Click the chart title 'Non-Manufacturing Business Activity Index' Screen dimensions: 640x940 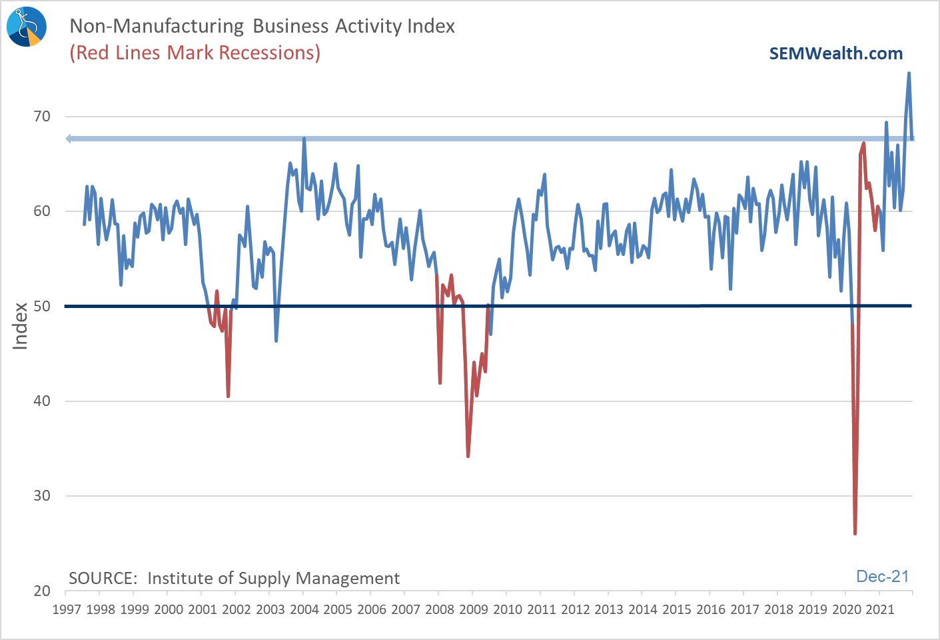pyautogui.click(x=262, y=26)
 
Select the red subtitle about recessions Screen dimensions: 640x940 pyautogui.click(x=195, y=53)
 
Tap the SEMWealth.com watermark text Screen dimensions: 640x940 pyautogui.click(x=835, y=54)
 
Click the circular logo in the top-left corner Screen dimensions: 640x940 pyautogui.click(x=27, y=27)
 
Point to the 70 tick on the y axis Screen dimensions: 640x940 pyautogui.click(x=42, y=117)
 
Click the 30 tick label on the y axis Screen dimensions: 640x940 pyautogui.click(x=42, y=496)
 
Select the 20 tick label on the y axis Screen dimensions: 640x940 pyautogui.click(x=42, y=591)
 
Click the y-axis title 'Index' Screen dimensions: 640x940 pyautogui.click(x=21, y=326)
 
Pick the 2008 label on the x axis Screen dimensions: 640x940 pyautogui.click(x=439, y=609)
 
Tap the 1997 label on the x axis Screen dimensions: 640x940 pyautogui.click(x=67, y=609)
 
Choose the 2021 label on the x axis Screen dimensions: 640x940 pyautogui.click(x=879, y=609)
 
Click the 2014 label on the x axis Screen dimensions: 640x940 pyautogui.click(x=642, y=609)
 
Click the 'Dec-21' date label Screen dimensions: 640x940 pyautogui.click(x=882, y=577)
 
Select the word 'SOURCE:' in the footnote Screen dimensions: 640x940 pyautogui.click(x=103, y=578)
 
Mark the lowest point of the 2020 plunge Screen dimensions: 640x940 pyautogui.click(x=855, y=533)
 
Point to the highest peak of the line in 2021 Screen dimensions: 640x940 pyautogui.click(x=909, y=73)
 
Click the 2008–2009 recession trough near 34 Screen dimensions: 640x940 pyautogui.click(x=468, y=456)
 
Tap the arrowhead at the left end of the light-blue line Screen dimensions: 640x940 pyautogui.click(x=69, y=139)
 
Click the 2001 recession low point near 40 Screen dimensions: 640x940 pyautogui.click(x=228, y=396)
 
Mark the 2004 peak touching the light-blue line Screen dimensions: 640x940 pyautogui.click(x=304, y=139)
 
